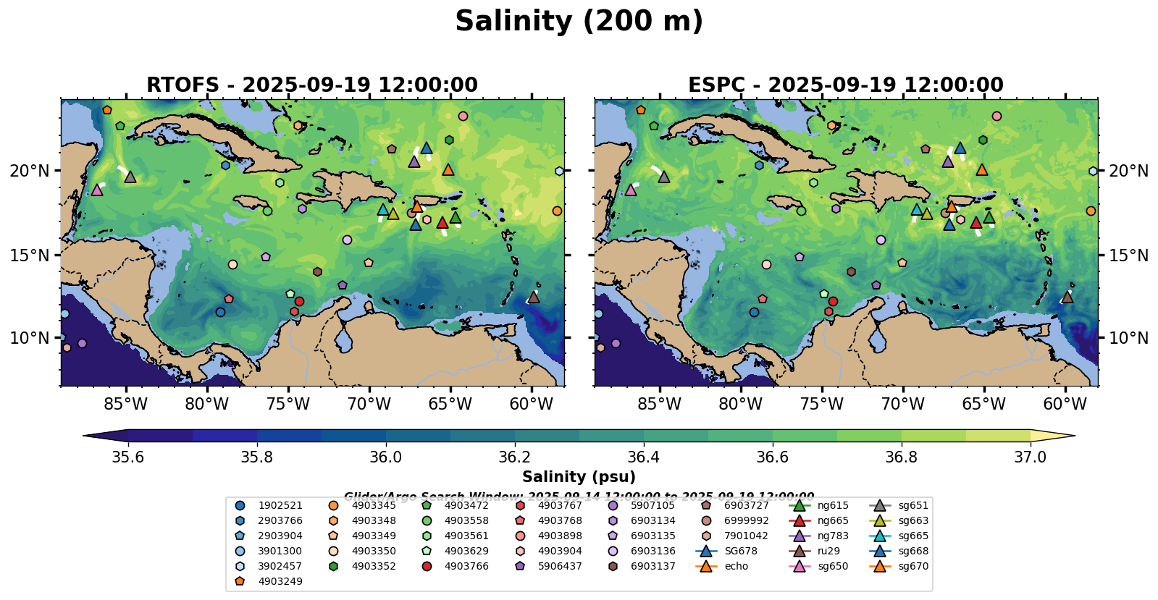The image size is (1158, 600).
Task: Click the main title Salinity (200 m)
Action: pos(579,22)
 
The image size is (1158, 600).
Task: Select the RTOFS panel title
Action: pos(312,85)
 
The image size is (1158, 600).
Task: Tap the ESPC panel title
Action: pos(846,85)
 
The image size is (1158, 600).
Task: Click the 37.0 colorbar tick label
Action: pos(1030,457)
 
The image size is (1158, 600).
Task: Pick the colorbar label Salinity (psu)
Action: pos(579,477)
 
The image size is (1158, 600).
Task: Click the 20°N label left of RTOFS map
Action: pos(30,171)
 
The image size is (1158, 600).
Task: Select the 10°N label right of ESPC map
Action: pos(1128,338)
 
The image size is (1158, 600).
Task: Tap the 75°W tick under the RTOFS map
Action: pos(288,404)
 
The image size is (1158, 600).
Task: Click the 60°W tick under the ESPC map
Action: pos(1065,404)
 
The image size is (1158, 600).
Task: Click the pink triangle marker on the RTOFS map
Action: pos(97,190)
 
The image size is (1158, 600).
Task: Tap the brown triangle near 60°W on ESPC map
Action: pos(1067,297)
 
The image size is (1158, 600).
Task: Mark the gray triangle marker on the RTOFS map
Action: pos(130,177)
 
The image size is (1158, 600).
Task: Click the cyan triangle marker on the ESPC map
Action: pos(917,210)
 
